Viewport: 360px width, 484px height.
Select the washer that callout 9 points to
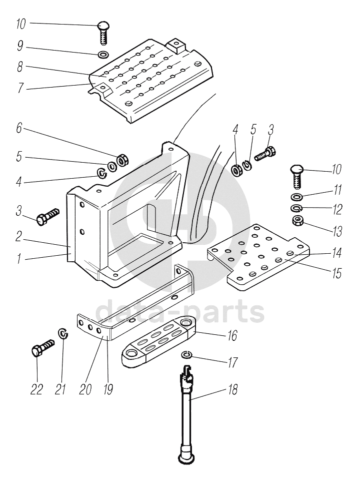click(103, 55)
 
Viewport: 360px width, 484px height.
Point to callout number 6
click(19, 128)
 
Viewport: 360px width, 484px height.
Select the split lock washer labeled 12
click(296, 208)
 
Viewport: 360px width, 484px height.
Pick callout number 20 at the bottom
click(85, 389)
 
